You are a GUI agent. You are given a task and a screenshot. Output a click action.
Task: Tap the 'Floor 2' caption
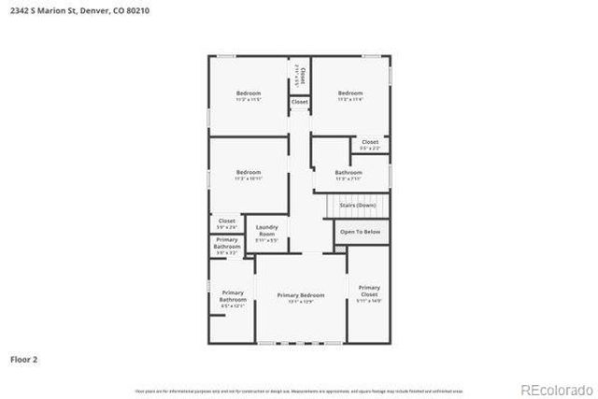(23, 358)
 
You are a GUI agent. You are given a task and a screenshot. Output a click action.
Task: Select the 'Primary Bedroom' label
(300, 294)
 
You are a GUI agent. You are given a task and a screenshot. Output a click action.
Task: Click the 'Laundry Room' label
(266, 230)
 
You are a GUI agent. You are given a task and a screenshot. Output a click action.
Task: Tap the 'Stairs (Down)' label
(359, 205)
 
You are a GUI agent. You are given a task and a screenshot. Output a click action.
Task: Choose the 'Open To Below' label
(360, 231)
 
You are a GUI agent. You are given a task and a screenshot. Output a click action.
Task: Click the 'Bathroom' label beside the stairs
(349, 172)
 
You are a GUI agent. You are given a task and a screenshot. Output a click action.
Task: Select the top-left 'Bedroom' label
(248, 93)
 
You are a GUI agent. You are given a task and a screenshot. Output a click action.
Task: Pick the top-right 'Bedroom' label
(349, 93)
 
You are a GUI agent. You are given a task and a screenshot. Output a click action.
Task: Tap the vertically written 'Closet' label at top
(301, 75)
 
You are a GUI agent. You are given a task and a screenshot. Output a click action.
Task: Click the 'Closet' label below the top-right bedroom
(370, 142)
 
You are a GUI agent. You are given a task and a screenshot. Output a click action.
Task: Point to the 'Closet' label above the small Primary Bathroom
(226, 221)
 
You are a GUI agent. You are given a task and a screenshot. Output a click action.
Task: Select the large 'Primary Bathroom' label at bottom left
(233, 296)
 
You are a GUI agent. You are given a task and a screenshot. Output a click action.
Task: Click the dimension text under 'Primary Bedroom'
(300, 302)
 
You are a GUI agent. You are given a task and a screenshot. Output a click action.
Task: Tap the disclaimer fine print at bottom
(299, 391)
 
